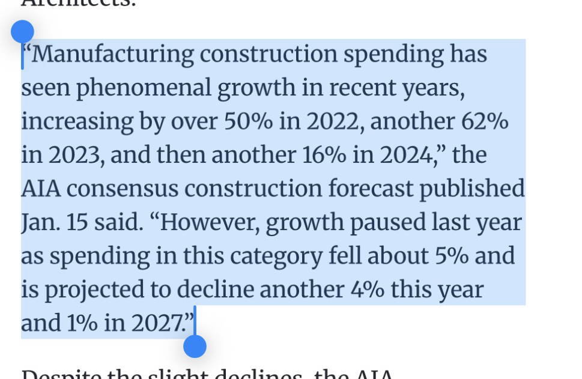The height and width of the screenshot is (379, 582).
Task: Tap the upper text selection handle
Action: pos(22,31)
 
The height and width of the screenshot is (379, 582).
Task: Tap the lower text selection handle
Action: pos(195,346)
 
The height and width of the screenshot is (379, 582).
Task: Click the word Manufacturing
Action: pos(112,55)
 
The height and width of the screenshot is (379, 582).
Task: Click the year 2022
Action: pos(333,122)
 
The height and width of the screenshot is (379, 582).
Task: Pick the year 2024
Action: pos(405,156)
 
